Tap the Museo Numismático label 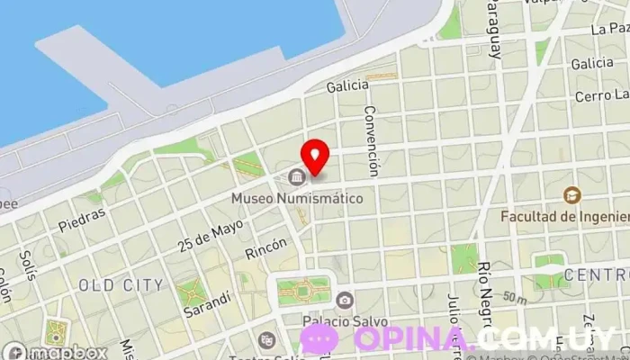point(297,197)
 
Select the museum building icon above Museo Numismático point(296,175)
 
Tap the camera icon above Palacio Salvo point(343,299)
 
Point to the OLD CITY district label point(121,285)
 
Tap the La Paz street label point(609,29)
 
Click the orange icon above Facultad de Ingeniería point(571,194)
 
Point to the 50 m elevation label point(515,297)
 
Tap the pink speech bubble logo point(319,338)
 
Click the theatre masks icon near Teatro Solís point(266,340)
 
